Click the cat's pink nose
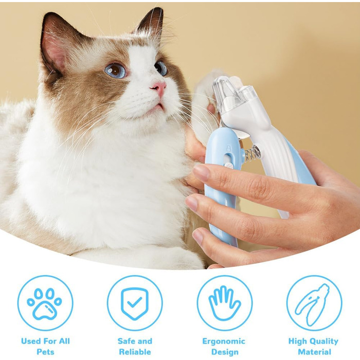coord(159,87)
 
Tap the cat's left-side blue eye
coord(116,70)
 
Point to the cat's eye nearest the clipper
coord(161,68)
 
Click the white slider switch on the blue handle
coord(228,165)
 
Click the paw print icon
coord(45,303)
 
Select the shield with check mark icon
coord(135,303)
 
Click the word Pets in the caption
coord(45,352)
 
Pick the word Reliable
coord(135,352)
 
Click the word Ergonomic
coord(224,341)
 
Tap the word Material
coord(314,352)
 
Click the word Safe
coord(126,341)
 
